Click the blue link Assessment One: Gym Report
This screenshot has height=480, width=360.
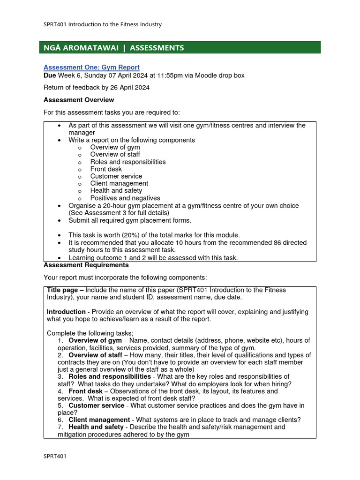91,67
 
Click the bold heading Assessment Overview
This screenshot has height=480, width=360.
79,100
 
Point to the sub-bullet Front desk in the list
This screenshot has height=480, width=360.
106,169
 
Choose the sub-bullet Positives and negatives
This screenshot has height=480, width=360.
125,198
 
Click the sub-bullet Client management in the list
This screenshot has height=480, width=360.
119,183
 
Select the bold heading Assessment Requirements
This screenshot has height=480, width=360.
86,265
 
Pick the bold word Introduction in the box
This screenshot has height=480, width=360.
66,312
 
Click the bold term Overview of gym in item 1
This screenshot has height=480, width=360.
95,340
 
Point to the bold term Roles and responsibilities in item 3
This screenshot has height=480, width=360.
110,376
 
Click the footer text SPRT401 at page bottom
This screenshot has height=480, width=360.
55,457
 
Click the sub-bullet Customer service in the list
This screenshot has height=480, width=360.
116,176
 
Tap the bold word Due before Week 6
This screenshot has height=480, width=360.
50,75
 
